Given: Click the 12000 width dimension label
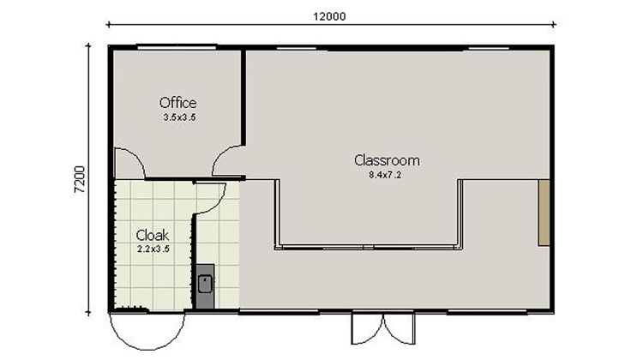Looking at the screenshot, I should [331, 17].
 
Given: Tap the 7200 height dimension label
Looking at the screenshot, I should [79, 178].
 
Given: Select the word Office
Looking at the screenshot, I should [177, 103].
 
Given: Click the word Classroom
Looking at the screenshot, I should [387, 160].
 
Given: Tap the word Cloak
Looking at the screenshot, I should [152, 235].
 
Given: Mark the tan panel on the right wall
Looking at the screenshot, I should [543, 213].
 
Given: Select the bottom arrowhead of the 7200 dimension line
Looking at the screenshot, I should [88, 311].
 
